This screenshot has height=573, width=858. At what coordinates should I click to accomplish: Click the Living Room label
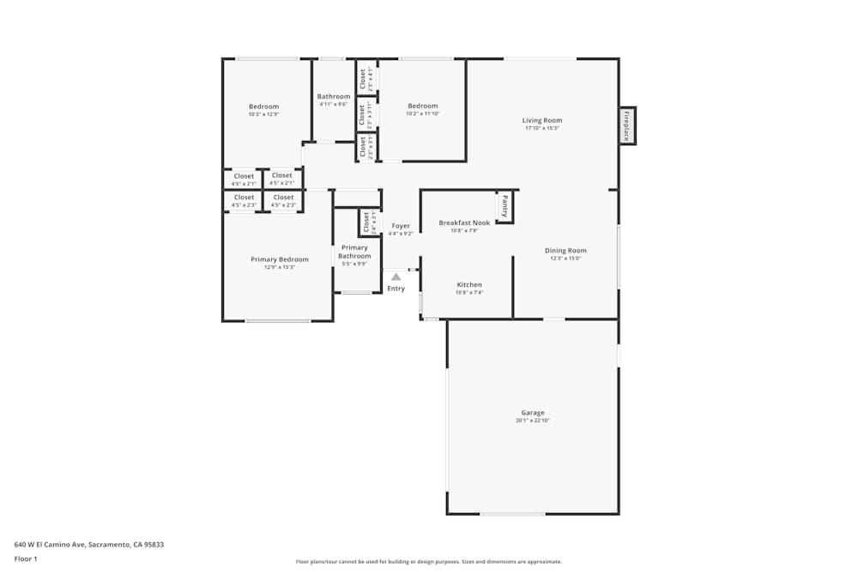[541, 120]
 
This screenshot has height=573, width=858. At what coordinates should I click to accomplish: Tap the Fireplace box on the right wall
[627, 125]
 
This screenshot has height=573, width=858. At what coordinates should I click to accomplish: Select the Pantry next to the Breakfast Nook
[505, 206]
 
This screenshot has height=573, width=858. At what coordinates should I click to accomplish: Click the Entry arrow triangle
[396, 277]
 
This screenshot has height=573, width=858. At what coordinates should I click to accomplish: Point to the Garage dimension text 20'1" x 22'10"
[532, 421]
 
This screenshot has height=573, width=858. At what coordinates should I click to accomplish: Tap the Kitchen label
[469, 284]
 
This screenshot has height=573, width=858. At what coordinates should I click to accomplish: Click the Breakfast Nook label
[464, 222]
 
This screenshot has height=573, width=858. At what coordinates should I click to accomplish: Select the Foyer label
[401, 226]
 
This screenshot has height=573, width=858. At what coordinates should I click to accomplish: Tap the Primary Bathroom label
[354, 252]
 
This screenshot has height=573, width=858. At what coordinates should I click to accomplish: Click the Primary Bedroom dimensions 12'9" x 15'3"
[280, 267]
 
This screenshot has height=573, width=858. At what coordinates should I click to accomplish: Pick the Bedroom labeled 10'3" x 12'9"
[263, 107]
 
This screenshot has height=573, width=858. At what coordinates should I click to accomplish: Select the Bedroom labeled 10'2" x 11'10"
[422, 106]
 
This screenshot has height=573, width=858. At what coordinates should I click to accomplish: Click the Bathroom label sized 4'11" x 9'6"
[334, 96]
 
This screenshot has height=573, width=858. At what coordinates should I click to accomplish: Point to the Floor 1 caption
[26, 558]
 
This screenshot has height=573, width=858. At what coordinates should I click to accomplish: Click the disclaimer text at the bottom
[429, 562]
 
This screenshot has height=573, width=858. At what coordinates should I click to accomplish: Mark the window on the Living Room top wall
[540, 58]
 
